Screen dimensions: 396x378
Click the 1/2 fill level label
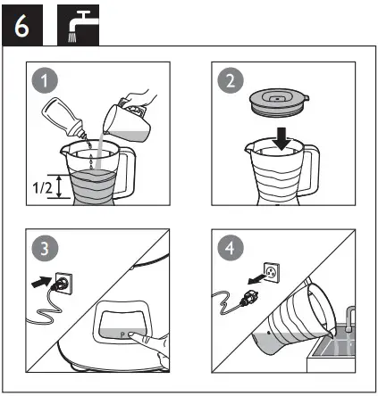point(40,188)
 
